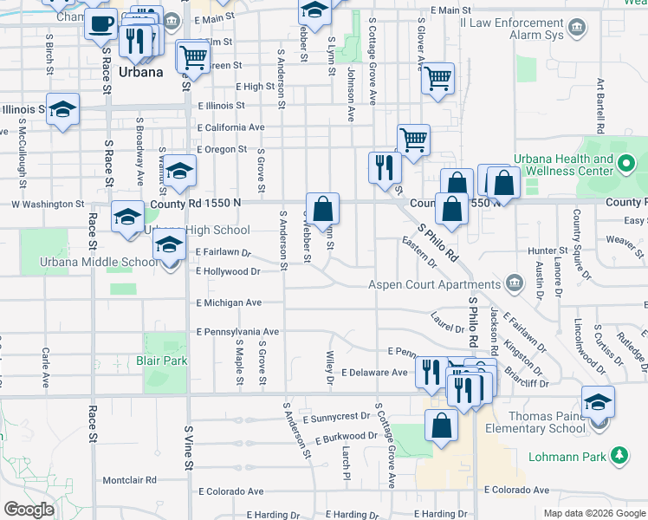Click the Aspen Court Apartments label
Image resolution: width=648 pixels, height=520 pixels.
click(x=434, y=284)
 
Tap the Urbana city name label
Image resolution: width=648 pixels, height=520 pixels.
click(x=141, y=72)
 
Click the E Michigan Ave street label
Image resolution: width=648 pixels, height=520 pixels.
click(x=229, y=302)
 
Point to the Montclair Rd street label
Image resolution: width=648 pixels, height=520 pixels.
click(x=129, y=479)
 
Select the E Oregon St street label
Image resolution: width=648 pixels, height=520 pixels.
click(x=227, y=149)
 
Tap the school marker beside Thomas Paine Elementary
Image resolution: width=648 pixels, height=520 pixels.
click(x=598, y=401)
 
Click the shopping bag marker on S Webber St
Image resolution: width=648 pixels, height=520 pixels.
click(x=322, y=208)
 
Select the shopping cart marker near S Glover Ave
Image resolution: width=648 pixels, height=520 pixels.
click(x=438, y=78)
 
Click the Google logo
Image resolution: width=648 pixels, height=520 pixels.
click(x=29, y=510)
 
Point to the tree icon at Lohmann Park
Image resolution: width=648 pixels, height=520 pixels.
click(x=619, y=454)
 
